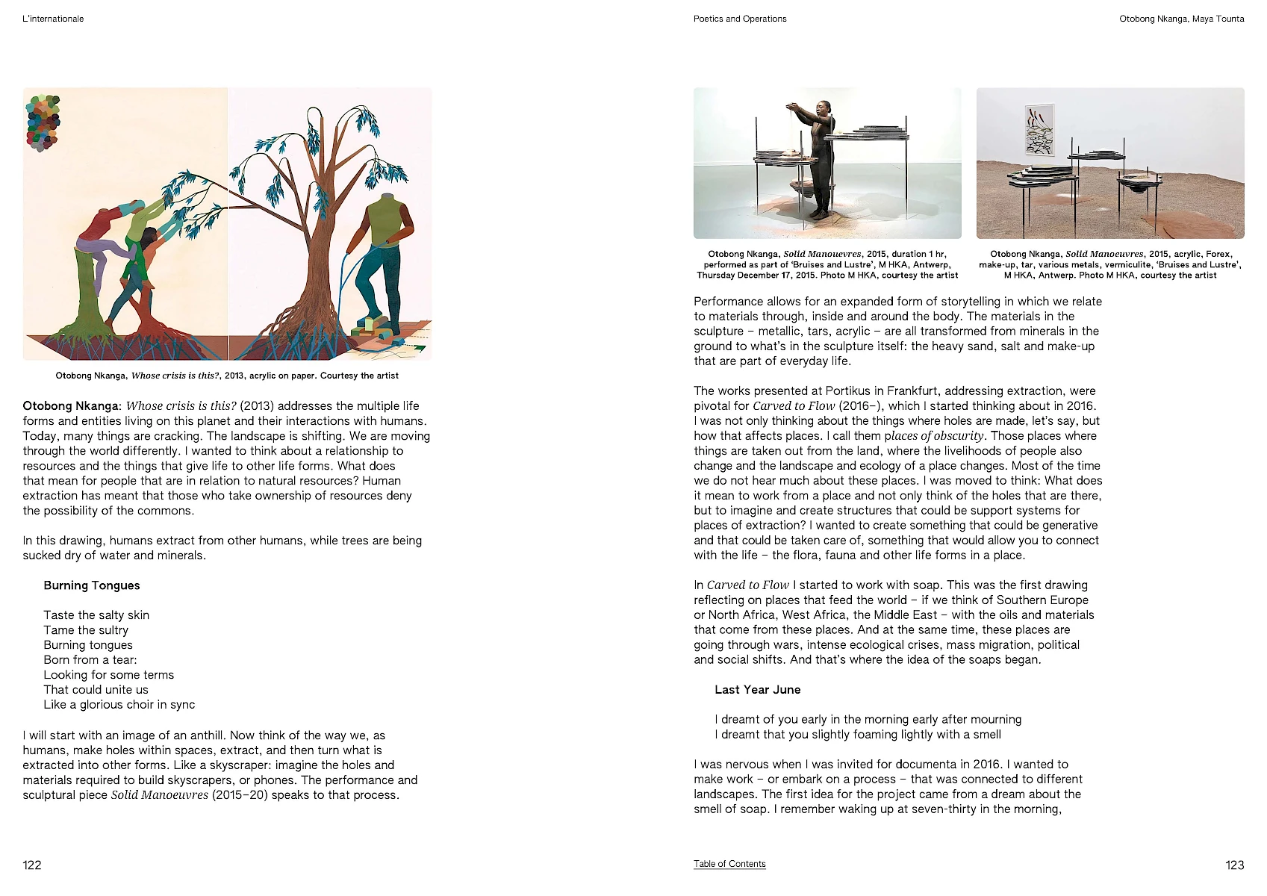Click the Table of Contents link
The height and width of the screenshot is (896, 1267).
point(729,864)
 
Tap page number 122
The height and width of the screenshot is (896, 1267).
point(32,865)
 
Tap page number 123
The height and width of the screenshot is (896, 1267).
point(1234,865)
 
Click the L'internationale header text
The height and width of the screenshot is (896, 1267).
point(53,19)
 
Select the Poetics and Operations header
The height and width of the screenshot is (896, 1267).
point(739,19)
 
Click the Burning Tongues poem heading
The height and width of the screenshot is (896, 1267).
point(92,585)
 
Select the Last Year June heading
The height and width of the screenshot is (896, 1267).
point(757,690)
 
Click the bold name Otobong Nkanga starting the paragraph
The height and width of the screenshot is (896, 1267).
point(70,406)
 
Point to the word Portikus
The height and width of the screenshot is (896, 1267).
point(847,391)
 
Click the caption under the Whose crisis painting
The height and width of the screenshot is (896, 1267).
point(227,376)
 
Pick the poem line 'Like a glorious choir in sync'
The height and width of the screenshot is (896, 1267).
point(119,705)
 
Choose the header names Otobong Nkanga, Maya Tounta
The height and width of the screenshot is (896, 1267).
point(1181,19)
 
